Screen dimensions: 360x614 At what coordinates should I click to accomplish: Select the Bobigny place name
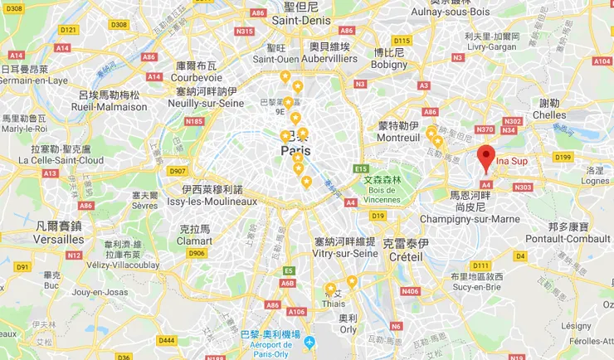pos(388,64)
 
